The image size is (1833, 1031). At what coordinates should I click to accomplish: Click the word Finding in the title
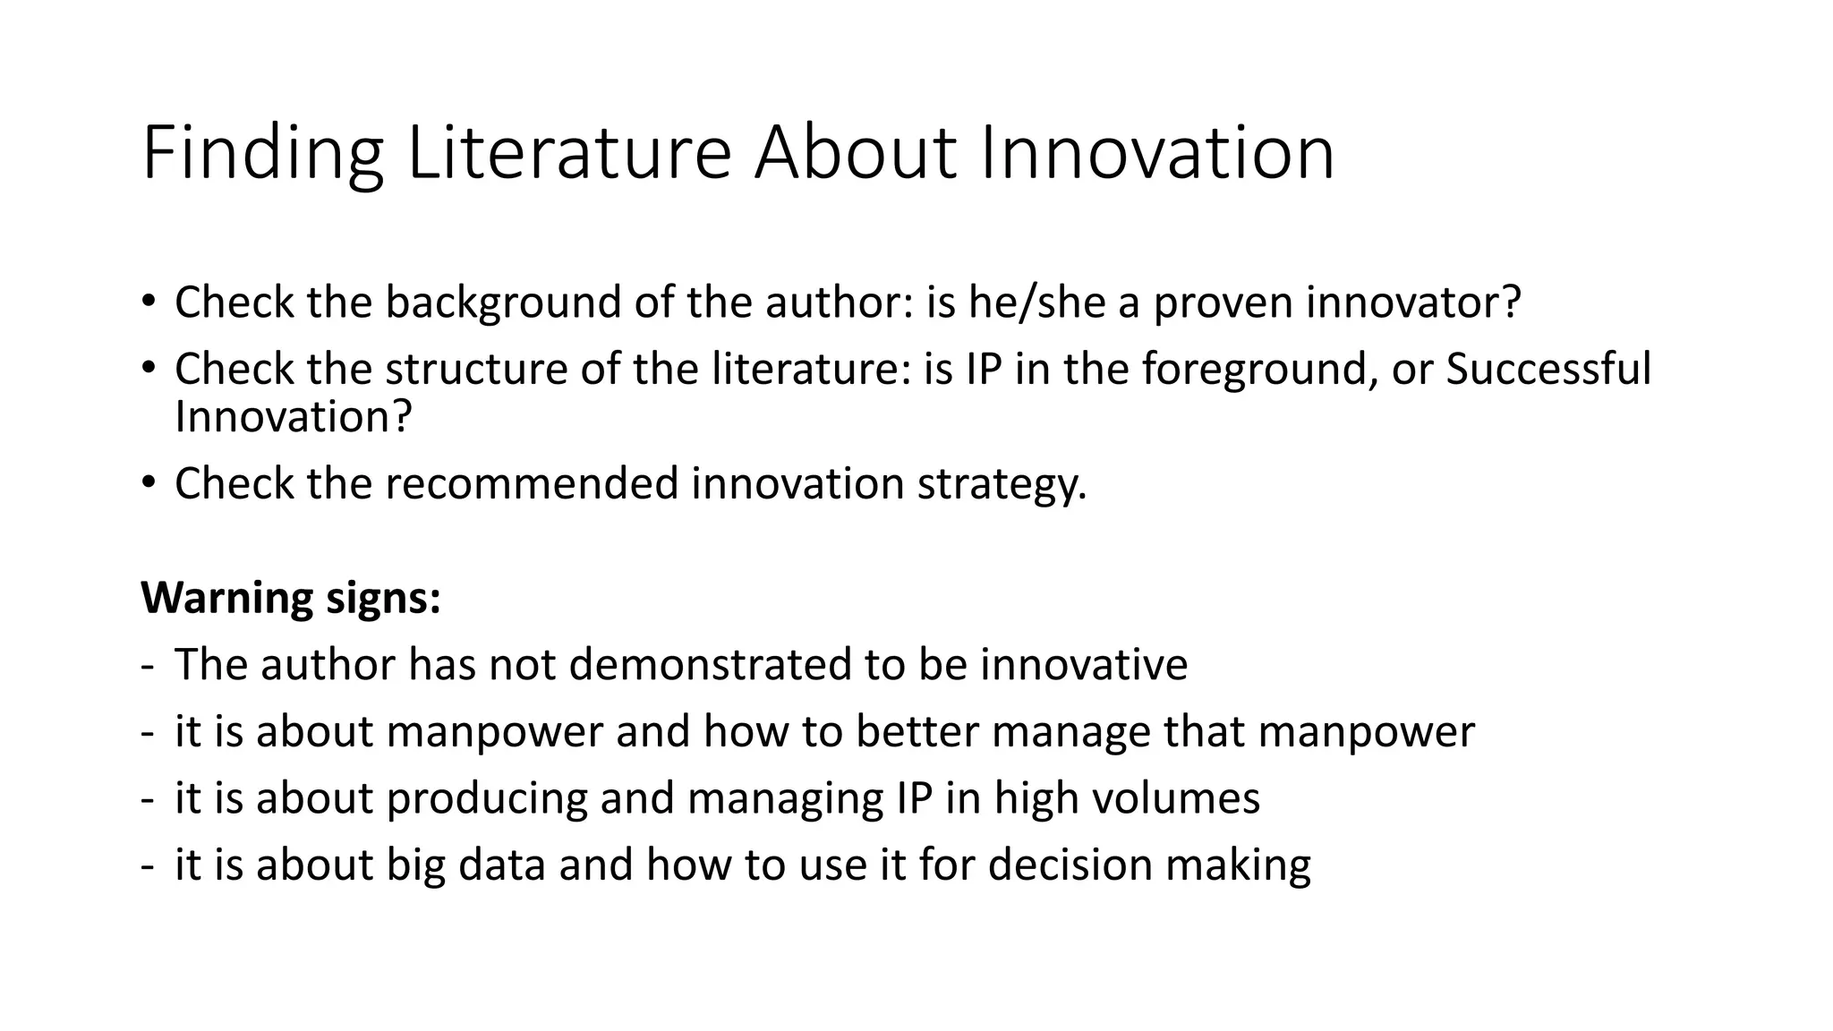(262, 154)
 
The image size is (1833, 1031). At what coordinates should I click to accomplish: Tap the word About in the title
(857, 154)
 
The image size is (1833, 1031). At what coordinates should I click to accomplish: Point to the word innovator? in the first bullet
(1413, 302)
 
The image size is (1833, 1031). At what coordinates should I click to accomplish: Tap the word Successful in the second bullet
(1547, 369)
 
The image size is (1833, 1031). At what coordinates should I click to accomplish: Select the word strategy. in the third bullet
(1002, 483)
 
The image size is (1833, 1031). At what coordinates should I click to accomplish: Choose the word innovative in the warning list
(1083, 665)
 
